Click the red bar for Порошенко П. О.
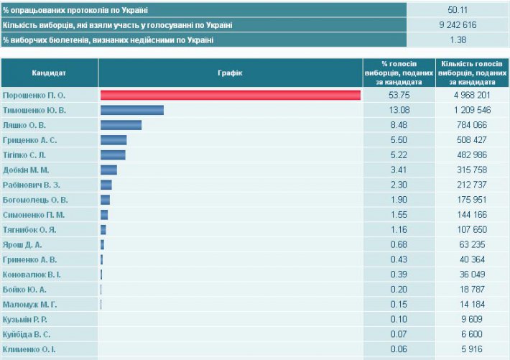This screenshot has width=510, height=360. pyautogui.click(x=230, y=96)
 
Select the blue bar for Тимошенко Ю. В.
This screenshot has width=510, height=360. pyautogui.click(x=132, y=110)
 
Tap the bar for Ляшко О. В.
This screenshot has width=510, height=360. pyautogui.click(x=121, y=125)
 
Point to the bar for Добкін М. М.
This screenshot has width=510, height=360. pyautogui.click(x=108, y=170)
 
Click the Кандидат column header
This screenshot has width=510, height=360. pyautogui.click(x=50, y=73)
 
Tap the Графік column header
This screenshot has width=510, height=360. pyautogui.click(x=230, y=73)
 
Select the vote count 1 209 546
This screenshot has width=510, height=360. pyautogui.click(x=472, y=110)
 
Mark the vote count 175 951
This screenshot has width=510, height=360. pyautogui.click(x=472, y=200)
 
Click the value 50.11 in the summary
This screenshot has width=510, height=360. pyautogui.click(x=458, y=10)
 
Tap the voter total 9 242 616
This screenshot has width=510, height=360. pyautogui.click(x=458, y=25)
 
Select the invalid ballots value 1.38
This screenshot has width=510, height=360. pyautogui.click(x=458, y=40)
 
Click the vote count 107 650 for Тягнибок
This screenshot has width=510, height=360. pyautogui.click(x=472, y=229)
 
